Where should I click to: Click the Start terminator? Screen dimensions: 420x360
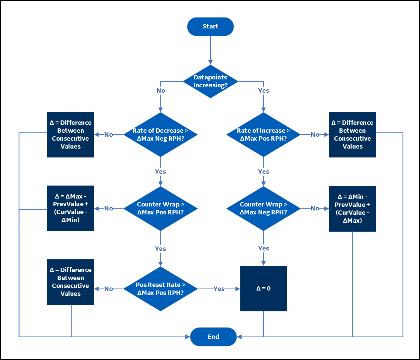point(210,26)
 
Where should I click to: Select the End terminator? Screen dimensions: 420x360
point(213,337)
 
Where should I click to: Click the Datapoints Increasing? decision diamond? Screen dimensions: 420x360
point(210,81)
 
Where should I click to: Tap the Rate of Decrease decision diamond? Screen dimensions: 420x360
point(160,135)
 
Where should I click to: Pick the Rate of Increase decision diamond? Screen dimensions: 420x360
point(263,135)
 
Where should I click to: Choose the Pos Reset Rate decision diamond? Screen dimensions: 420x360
point(160,289)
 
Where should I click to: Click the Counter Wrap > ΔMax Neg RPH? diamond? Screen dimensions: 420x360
point(263,208)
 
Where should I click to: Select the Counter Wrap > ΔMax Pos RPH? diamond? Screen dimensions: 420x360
point(160,208)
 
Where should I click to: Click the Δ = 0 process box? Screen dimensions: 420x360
point(263,289)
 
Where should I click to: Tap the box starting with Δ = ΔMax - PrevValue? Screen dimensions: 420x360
point(70,208)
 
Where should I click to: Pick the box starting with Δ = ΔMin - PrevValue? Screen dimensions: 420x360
point(352,209)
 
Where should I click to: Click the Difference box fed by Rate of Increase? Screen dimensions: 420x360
point(352,135)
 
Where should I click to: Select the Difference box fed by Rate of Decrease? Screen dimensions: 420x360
point(70,135)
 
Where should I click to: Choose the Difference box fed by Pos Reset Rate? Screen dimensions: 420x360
point(70,282)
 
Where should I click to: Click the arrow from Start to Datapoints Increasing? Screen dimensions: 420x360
point(210,50)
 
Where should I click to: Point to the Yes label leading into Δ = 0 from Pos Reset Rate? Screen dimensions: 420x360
point(219,289)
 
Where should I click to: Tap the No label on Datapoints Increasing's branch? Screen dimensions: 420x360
point(161,90)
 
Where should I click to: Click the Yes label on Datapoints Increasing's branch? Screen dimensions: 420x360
point(264,90)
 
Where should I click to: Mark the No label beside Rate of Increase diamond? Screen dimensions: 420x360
point(315,135)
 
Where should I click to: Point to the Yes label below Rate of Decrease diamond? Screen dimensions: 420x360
point(160,172)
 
